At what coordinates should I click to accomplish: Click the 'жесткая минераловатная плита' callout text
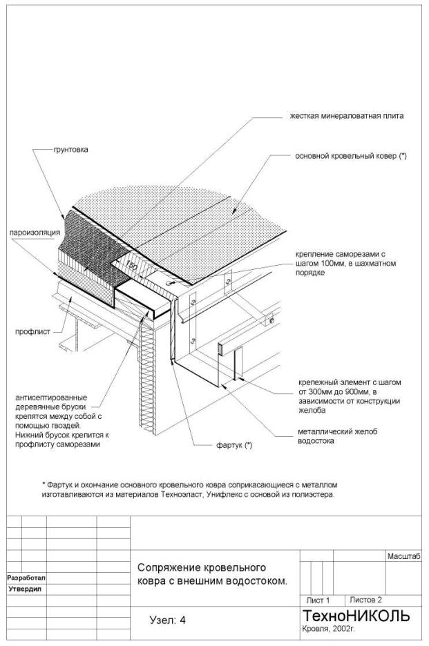click(x=347, y=117)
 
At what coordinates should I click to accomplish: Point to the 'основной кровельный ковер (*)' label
click(x=351, y=157)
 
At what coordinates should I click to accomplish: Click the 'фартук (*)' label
click(x=235, y=445)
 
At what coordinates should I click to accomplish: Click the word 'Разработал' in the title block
click(x=26, y=577)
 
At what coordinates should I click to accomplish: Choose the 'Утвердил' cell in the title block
click(x=25, y=589)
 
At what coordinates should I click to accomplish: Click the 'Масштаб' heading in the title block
click(x=404, y=556)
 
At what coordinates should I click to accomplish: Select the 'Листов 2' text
click(x=366, y=600)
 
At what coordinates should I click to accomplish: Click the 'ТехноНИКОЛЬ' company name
click(x=356, y=616)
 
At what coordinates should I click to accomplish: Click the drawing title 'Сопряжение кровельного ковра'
click(x=202, y=568)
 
